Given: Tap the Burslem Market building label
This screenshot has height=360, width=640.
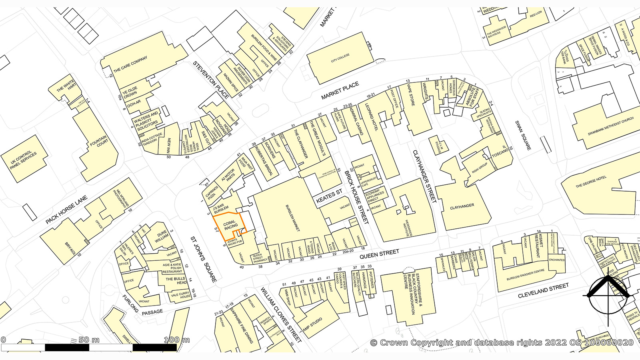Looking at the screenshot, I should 292,218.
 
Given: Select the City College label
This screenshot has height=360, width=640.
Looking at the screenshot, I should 340,58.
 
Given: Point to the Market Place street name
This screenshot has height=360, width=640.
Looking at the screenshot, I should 340,91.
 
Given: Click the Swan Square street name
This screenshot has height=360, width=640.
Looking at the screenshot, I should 523,135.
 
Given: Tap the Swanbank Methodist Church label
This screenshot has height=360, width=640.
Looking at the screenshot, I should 610,126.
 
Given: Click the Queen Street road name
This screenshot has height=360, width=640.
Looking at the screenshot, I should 379,254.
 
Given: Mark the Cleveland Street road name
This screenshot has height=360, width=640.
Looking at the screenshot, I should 543,291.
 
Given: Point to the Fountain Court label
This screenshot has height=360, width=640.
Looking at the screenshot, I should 98,141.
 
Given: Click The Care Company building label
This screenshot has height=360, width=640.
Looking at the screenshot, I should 130,64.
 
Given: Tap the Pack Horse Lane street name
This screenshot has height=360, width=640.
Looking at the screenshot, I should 66,210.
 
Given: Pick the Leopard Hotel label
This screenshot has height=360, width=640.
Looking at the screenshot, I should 371,117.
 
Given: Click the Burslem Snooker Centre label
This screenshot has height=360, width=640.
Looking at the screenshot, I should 525,275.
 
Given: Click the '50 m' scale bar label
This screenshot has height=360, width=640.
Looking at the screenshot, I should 89,340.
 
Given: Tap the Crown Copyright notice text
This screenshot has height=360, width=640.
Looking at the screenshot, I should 502,342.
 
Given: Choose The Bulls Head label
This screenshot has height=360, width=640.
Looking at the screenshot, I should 176,280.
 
